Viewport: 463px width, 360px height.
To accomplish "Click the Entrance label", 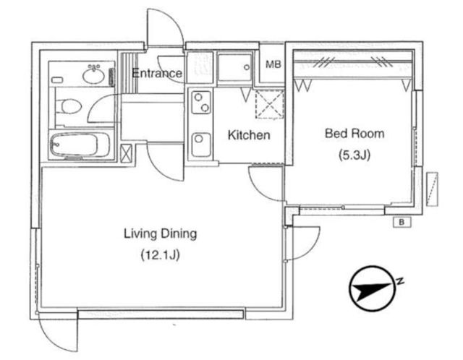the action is point(157,73).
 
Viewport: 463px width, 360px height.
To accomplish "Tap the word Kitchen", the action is point(249,135).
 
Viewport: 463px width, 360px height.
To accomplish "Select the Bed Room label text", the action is point(354,134).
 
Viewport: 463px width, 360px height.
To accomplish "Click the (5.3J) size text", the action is point(354,155).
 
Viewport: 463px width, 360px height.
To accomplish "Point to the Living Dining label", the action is point(161,234).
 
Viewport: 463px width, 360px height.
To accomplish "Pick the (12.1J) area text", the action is point(161,255).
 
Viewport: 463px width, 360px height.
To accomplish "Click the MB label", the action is point(273,64).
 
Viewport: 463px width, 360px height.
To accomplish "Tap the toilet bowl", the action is point(69,106).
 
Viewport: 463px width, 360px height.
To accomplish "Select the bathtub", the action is point(80,145).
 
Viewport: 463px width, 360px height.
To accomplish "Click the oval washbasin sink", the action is point(93,74).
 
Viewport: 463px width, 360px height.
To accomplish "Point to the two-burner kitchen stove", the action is point(201,103).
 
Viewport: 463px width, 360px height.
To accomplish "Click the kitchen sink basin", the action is point(201,145).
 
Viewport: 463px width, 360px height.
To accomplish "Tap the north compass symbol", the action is point(372,288).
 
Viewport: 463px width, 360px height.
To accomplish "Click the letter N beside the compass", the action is point(400,280).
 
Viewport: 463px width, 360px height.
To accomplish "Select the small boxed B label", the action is point(402,222).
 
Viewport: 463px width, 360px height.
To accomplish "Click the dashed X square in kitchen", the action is point(270,105).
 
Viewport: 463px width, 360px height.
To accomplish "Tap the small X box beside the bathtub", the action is point(126,153).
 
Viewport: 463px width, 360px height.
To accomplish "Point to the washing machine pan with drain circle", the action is point(235,67).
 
